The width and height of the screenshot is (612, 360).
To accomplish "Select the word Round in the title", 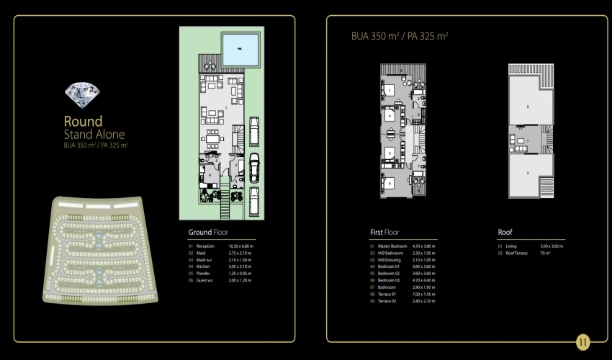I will pyautogui.click(x=84, y=122).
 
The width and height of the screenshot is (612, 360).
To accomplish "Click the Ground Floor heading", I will pyautogui.click(x=208, y=233).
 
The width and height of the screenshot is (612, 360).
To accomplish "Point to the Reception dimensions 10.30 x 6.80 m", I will pyautogui.click(x=240, y=246).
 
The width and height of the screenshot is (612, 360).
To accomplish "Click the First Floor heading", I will pyautogui.click(x=384, y=233).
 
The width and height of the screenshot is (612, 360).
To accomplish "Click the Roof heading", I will pyautogui.click(x=505, y=233).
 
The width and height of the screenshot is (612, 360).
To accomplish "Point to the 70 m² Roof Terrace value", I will pyautogui.click(x=544, y=253).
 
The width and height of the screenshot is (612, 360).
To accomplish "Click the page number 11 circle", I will pyautogui.click(x=583, y=342).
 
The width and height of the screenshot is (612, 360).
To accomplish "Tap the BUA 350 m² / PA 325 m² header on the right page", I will pyautogui.click(x=400, y=35).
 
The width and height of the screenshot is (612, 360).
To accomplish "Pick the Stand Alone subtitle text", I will pyautogui.click(x=94, y=135).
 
